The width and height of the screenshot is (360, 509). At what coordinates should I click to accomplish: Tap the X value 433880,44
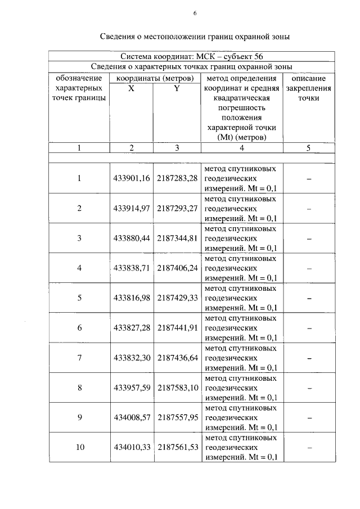(131, 238)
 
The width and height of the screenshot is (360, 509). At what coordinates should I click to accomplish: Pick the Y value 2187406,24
(177, 268)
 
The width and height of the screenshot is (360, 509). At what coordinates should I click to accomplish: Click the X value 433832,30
(131, 357)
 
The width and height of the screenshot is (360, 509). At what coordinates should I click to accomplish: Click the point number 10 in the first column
(79, 447)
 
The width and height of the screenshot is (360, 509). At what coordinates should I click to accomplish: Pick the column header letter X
(131, 89)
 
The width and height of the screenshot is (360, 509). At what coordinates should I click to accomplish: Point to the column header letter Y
(177, 89)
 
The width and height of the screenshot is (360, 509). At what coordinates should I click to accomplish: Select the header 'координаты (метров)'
(154, 78)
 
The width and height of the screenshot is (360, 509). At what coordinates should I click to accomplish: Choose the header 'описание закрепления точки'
(309, 88)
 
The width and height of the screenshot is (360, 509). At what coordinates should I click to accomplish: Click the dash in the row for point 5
(309, 298)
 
